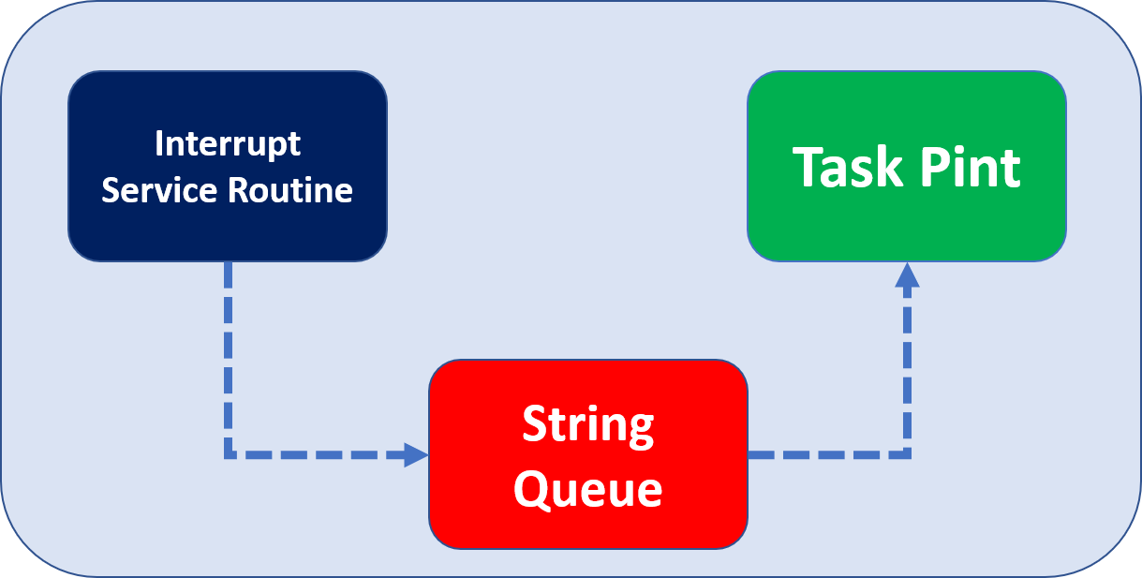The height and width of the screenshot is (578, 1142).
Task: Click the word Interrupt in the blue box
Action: click(x=228, y=144)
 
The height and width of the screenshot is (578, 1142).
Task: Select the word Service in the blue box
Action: click(x=160, y=190)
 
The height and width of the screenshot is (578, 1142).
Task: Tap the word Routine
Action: click(x=290, y=190)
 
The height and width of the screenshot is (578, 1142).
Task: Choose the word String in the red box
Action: click(x=587, y=425)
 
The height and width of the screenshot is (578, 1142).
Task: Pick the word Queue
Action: click(x=587, y=488)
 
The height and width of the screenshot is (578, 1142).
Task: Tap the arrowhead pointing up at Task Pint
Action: click(x=907, y=274)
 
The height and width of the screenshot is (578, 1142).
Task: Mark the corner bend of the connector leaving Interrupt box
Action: click(x=228, y=455)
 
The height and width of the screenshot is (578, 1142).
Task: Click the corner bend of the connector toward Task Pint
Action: click(x=907, y=455)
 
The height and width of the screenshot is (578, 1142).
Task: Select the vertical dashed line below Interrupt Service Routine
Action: click(x=228, y=356)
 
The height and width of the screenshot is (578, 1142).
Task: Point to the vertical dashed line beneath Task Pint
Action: click(x=907, y=375)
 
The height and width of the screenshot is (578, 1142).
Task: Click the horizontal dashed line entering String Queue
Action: click(x=319, y=455)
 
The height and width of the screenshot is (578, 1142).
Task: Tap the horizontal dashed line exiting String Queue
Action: click(x=824, y=455)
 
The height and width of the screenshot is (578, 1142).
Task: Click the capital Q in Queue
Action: click(x=532, y=488)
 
